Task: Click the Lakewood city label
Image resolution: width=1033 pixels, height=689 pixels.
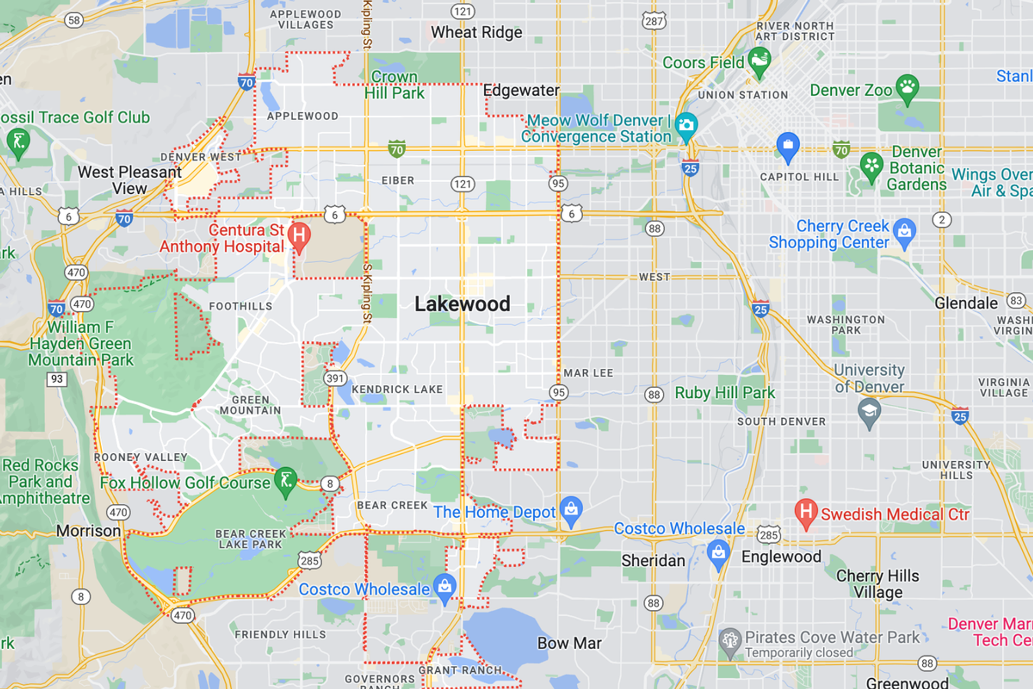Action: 462,304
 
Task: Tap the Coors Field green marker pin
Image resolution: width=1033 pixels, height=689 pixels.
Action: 759,60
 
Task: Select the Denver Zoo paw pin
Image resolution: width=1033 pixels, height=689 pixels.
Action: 907,88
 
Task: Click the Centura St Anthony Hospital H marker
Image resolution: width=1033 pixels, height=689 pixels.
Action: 299,236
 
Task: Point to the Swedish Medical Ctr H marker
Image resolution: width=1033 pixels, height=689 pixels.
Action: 805,512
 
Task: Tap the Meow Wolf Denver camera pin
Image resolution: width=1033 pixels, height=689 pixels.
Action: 686,126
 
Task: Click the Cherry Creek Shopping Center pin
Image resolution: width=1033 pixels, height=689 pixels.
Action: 904,231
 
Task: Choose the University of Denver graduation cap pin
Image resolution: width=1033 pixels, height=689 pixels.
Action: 869,412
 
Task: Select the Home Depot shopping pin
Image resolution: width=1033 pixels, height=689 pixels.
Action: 571,509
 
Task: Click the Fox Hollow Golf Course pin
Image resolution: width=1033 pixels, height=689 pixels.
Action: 286,480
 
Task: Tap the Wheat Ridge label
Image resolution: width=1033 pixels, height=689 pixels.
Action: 476,32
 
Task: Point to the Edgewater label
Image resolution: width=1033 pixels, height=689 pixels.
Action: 521,90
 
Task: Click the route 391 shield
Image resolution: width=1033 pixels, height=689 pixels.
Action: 335,378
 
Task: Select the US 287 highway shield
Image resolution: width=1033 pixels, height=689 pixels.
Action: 654,21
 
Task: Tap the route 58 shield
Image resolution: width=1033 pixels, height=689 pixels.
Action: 74,20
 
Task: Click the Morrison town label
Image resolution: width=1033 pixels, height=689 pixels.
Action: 88,531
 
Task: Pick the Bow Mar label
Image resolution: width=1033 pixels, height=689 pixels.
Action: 569,643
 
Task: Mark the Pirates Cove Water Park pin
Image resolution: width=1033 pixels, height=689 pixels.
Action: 730,641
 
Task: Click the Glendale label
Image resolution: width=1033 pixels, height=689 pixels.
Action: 966,303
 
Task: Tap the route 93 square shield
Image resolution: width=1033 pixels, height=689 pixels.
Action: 56,379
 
